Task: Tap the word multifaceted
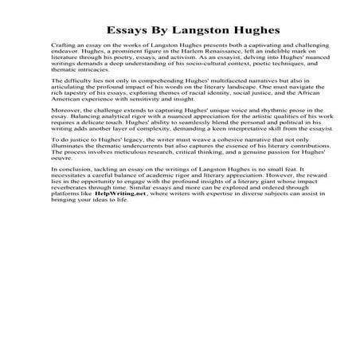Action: coord(186,81)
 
